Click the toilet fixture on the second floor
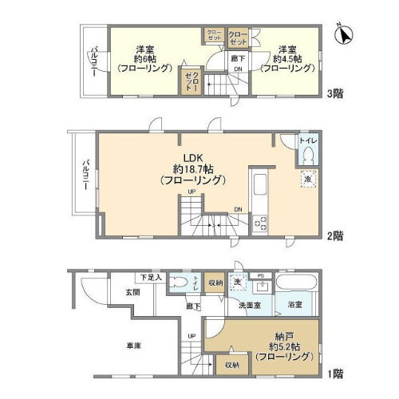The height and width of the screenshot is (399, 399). coord(308,156)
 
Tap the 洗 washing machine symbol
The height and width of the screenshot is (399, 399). coord(237,282)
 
